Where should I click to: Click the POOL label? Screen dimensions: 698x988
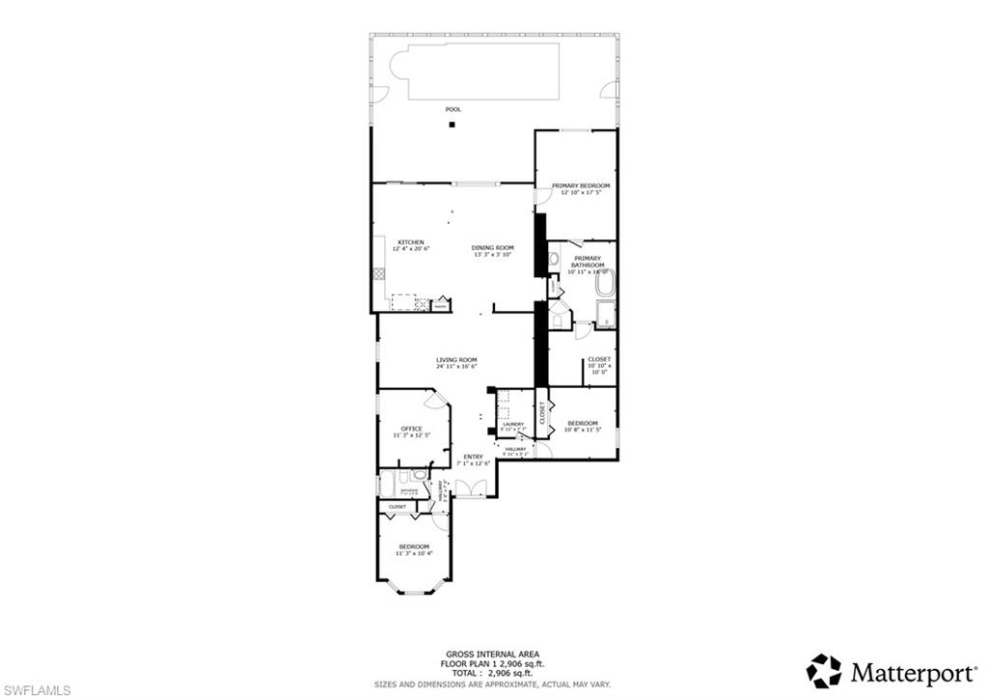pyautogui.click(x=453, y=109)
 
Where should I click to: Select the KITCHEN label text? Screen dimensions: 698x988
pyautogui.click(x=411, y=242)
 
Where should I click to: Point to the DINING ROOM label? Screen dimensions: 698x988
pyautogui.click(x=492, y=247)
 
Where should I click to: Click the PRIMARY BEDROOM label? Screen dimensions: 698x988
pyautogui.click(x=580, y=185)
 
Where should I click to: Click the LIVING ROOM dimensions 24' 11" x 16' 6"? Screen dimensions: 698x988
pyautogui.click(x=456, y=368)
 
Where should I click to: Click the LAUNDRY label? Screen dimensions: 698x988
pyautogui.click(x=512, y=424)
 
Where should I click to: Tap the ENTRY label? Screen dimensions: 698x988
pyautogui.click(x=473, y=457)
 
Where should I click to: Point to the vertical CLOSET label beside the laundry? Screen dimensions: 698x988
pyautogui.click(x=542, y=412)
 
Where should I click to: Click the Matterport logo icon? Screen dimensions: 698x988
pyautogui.click(x=824, y=670)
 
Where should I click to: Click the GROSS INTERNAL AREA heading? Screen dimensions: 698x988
pyautogui.click(x=493, y=654)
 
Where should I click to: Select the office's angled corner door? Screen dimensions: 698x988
pyautogui.click(x=435, y=399)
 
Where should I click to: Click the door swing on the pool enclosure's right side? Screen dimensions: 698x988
pyautogui.click(x=610, y=90)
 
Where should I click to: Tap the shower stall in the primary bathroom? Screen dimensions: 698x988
pyautogui.click(x=606, y=314)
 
